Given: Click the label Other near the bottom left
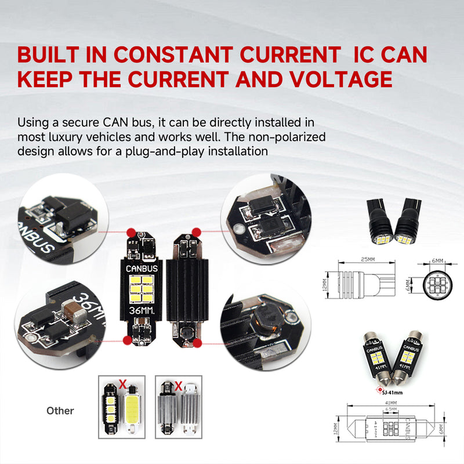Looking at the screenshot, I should (x=60, y=411).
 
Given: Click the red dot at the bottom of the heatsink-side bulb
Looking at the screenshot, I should (x=197, y=343).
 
